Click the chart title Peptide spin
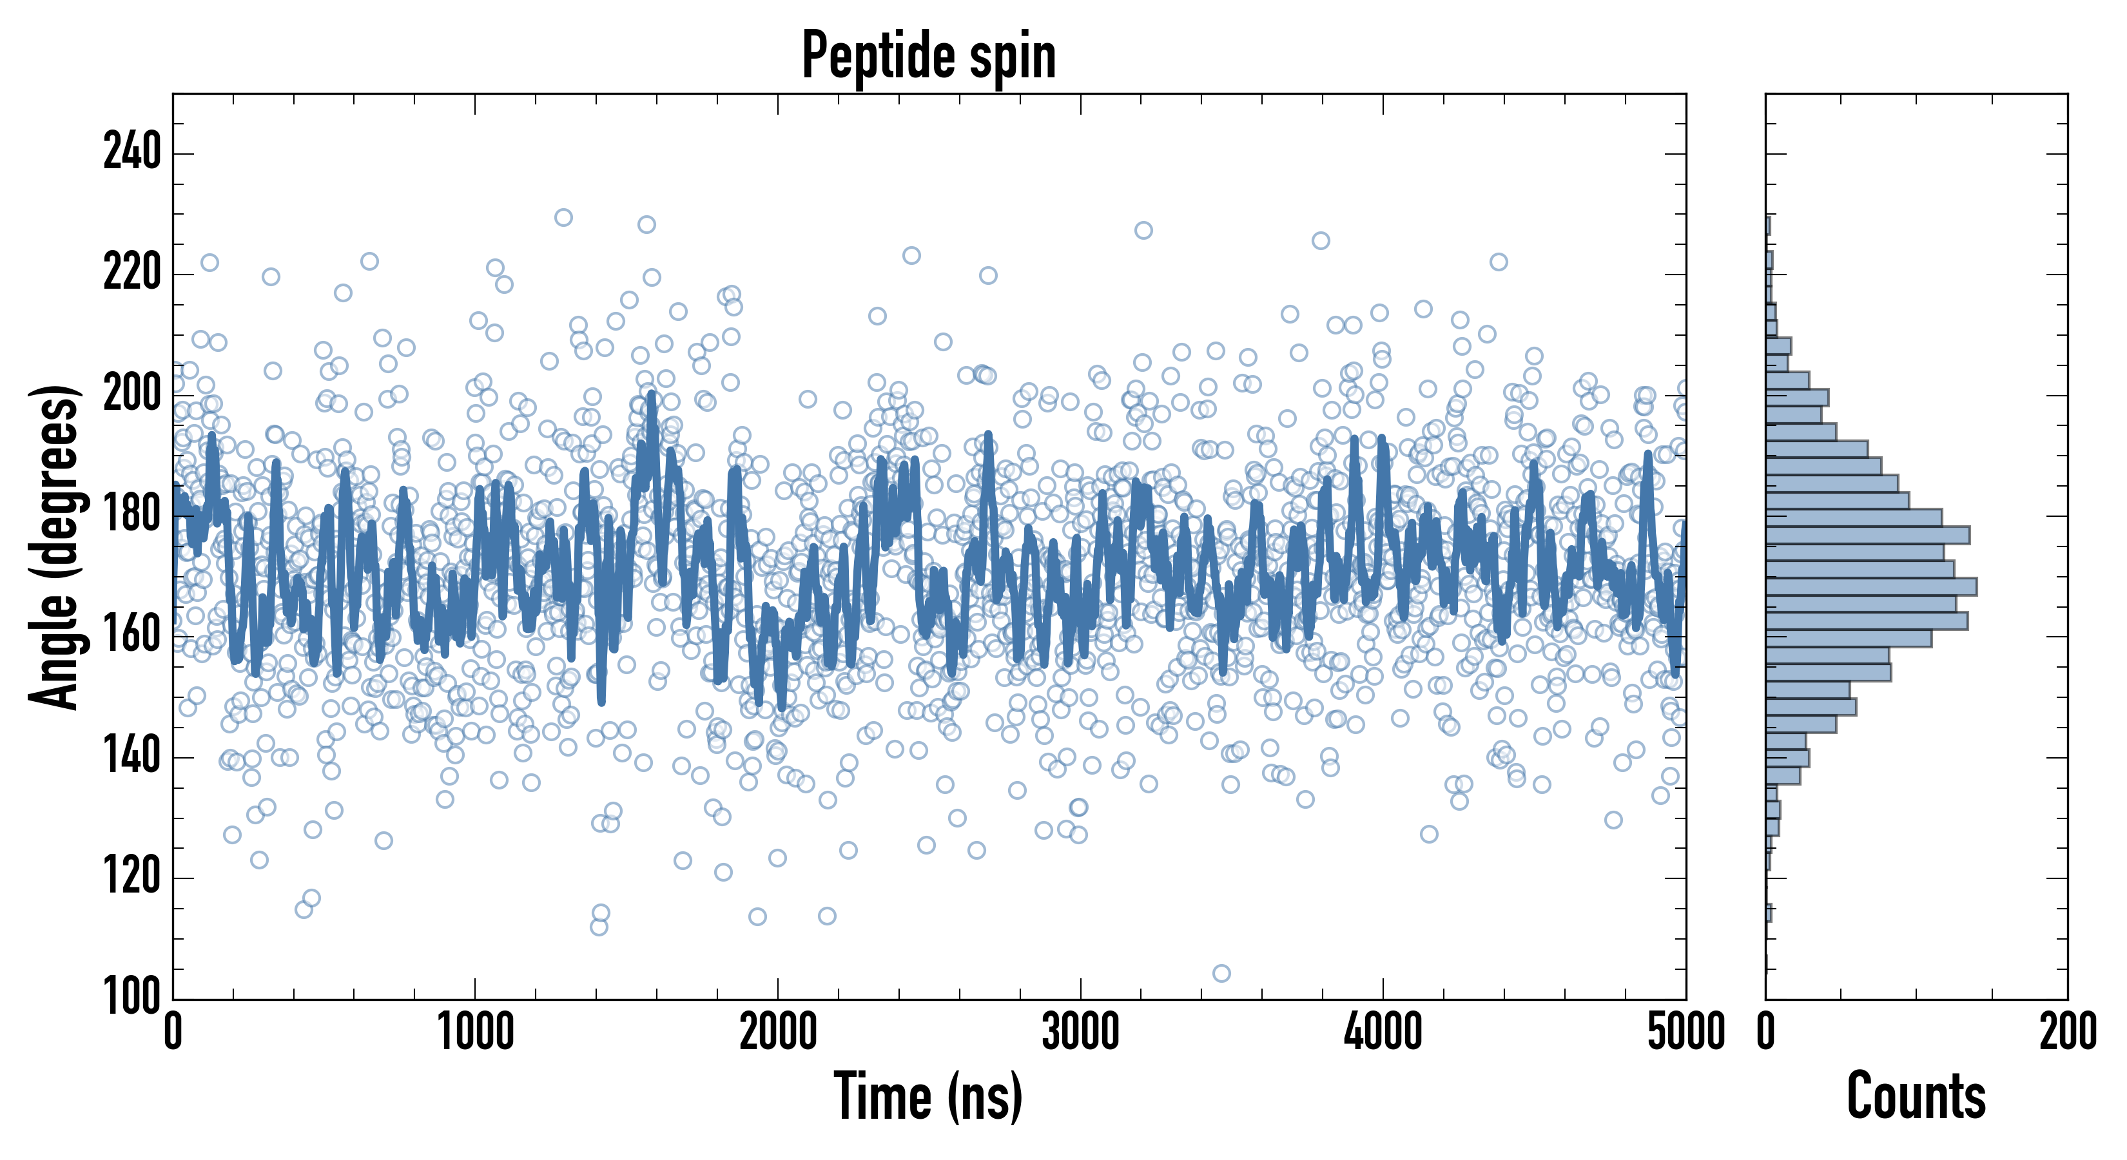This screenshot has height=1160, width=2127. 929,56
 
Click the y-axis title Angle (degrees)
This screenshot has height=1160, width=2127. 55,546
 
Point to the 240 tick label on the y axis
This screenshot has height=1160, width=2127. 131,153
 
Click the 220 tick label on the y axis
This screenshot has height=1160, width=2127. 131,273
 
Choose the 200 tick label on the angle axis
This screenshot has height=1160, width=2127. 131,394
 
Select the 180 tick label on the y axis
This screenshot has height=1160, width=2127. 131,515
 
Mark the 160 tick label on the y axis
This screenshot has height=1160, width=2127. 131,635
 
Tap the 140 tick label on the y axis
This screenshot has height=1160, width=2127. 131,757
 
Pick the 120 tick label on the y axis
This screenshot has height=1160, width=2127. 131,877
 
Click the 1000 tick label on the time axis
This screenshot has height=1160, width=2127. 476,1032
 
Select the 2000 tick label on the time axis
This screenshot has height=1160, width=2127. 778,1032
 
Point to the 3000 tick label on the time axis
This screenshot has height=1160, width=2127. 1080,1032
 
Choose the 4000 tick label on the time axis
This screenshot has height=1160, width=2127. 1383,1032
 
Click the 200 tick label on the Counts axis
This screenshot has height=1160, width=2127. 2068,1032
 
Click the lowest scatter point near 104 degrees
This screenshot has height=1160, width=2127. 1221,973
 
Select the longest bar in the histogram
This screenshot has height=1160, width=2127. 1871,587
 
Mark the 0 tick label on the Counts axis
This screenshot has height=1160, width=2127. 1766,1032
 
